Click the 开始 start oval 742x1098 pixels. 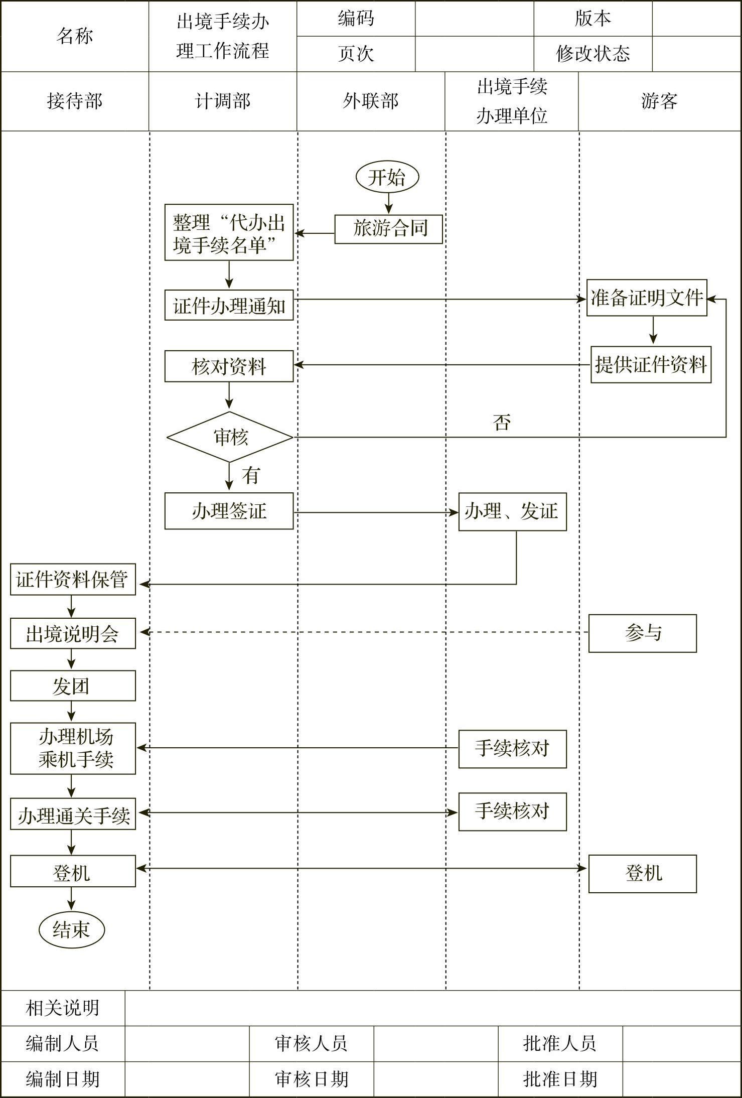click(x=387, y=177)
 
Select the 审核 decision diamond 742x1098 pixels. click(x=230, y=437)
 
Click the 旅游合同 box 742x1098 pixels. click(x=388, y=229)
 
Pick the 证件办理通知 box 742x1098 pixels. click(x=229, y=305)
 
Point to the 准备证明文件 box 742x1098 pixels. click(x=647, y=298)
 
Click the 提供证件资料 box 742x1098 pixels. click(x=651, y=365)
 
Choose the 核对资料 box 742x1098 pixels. click(x=229, y=366)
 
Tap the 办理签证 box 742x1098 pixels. click(x=229, y=511)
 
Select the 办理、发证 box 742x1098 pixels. click(x=512, y=512)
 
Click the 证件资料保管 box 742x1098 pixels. click(x=73, y=580)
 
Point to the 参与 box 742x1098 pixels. click(x=642, y=633)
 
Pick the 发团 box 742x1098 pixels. click(x=73, y=686)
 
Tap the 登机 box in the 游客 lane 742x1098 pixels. click(x=642, y=874)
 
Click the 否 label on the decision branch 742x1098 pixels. click(x=502, y=423)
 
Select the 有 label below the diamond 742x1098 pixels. click(x=251, y=475)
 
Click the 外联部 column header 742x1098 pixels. click(x=370, y=101)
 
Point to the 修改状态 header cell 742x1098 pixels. click(x=592, y=54)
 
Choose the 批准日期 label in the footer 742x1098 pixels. click(x=560, y=1079)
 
